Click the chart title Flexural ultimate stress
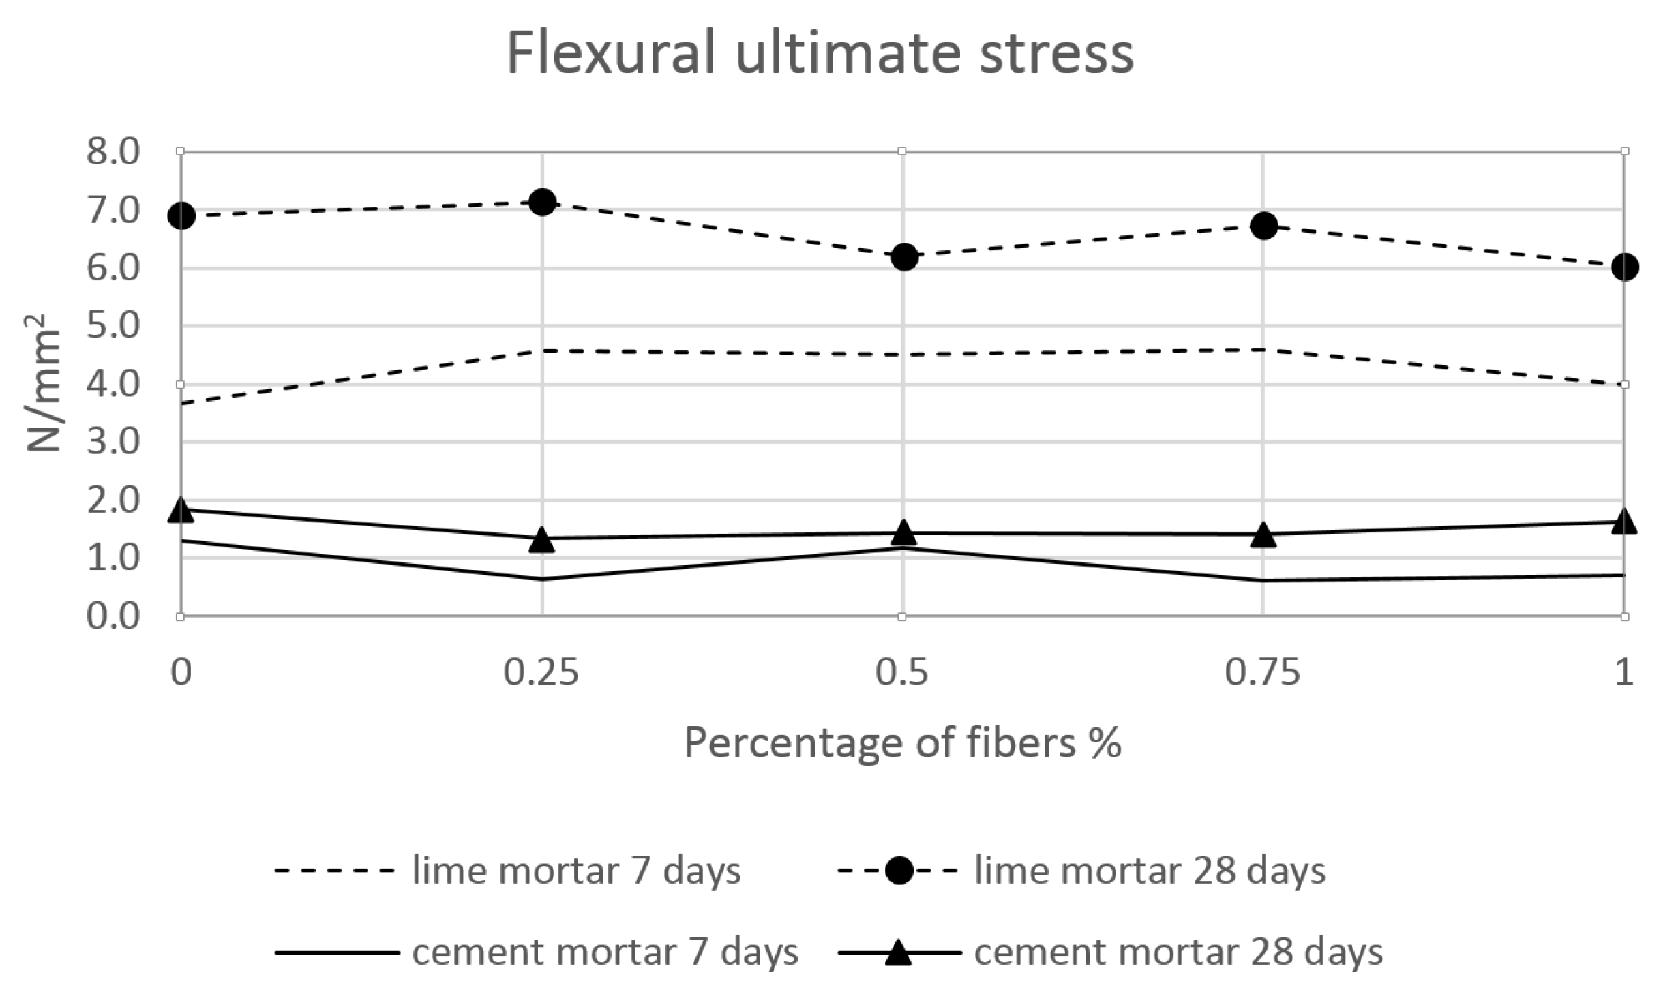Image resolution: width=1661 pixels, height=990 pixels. coord(820,53)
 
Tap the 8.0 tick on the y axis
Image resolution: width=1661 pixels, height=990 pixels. coord(113,151)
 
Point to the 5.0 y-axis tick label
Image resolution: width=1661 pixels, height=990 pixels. coord(113,326)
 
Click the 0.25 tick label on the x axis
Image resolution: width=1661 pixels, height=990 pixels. coord(541,673)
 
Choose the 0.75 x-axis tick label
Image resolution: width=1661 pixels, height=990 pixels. coord(1262,673)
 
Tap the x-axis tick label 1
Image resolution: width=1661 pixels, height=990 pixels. coord(1624,673)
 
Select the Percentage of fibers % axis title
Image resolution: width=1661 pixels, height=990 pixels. coord(902,743)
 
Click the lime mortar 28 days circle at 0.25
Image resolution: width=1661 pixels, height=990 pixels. coord(542,202)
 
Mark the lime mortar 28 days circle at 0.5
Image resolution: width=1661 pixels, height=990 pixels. coord(903,256)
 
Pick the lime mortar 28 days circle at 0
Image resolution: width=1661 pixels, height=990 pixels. coord(181,216)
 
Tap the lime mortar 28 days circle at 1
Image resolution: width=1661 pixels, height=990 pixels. coord(1624,267)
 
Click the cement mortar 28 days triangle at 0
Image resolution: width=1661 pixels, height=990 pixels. coord(181,510)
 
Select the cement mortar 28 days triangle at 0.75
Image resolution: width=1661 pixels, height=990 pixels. coord(1263,535)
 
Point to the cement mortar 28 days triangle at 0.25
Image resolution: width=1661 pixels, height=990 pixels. coord(542,540)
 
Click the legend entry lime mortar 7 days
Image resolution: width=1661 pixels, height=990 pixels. coord(575,871)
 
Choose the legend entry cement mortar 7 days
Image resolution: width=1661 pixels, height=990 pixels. coord(604,952)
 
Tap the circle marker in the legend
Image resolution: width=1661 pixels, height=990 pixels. coord(899,871)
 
